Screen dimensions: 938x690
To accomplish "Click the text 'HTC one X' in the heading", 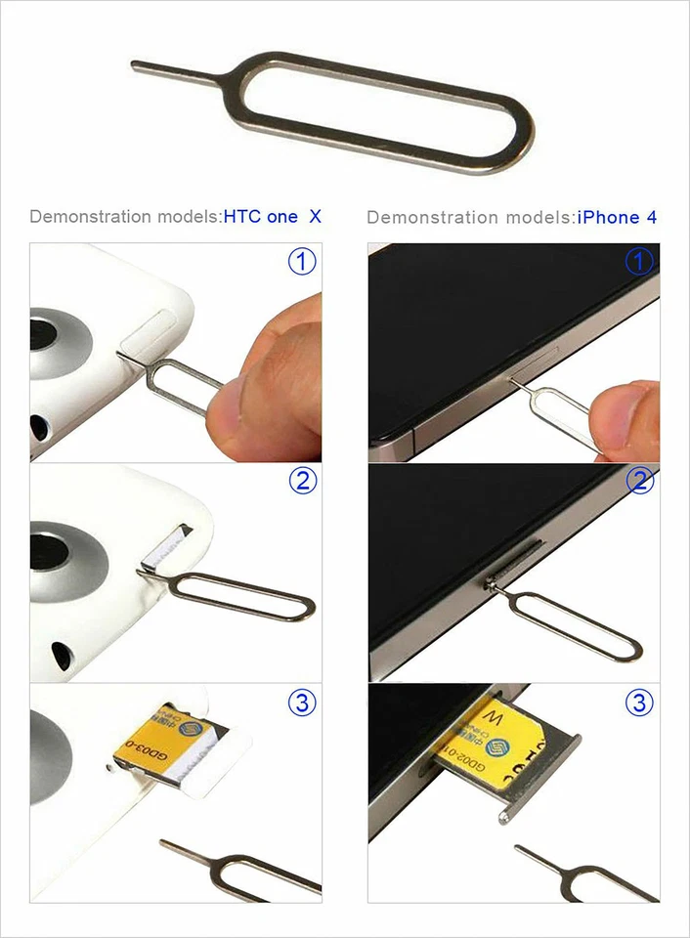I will tap(273, 217).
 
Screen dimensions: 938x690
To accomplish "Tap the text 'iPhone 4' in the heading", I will tap(617, 217).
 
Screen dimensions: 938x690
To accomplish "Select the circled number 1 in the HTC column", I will tap(303, 261).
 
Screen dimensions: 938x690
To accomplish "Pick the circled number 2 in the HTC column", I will tap(303, 481).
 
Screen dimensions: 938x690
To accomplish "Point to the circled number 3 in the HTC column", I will tap(303, 702).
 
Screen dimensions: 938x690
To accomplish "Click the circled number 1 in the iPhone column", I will tap(639, 261).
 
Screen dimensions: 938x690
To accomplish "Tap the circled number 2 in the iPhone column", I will tap(639, 481).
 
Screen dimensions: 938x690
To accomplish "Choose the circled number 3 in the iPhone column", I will tap(639, 702).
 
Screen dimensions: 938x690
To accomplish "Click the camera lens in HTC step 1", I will tap(54, 342).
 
